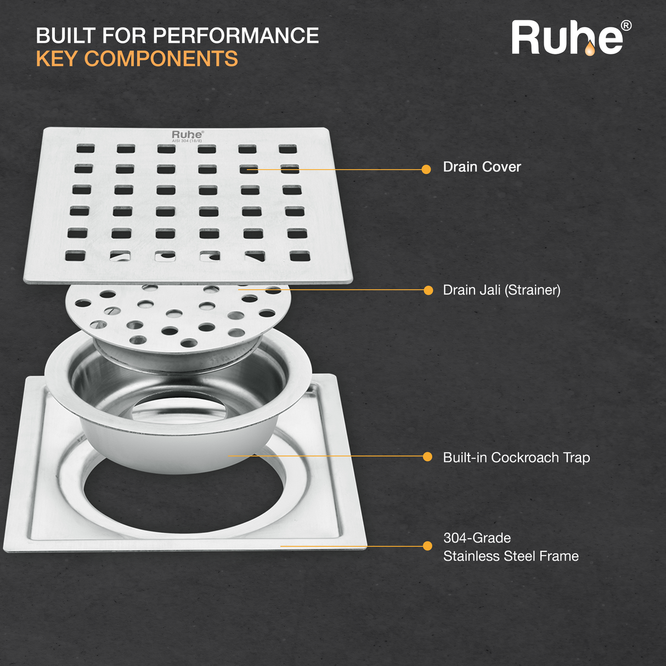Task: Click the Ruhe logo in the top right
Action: pos(567,38)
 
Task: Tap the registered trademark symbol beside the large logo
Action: pos(625,26)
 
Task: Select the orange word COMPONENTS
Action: pos(161,59)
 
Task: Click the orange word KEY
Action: pos(57,59)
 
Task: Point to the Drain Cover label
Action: pos(482,167)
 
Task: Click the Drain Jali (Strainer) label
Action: pos(501,290)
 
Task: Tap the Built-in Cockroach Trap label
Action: pos(516,458)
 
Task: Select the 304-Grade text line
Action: pos(477,538)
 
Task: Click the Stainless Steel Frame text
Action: pos(511,556)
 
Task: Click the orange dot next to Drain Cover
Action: pos(426,170)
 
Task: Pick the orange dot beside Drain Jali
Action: pos(428,290)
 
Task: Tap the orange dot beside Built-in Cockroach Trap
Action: pos(427,456)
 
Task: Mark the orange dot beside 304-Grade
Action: pos(427,546)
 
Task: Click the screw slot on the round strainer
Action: pos(113,311)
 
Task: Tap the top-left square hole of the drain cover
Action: pos(85,148)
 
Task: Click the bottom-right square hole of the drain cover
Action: pos(300,256)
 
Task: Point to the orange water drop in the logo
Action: pos(589,49)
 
